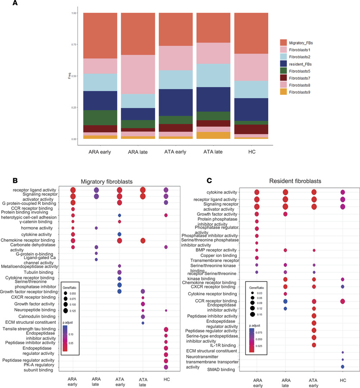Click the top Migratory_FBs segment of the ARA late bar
click(138, 34)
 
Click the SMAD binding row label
click(223, 369)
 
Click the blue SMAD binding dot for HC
click(342, 366)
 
